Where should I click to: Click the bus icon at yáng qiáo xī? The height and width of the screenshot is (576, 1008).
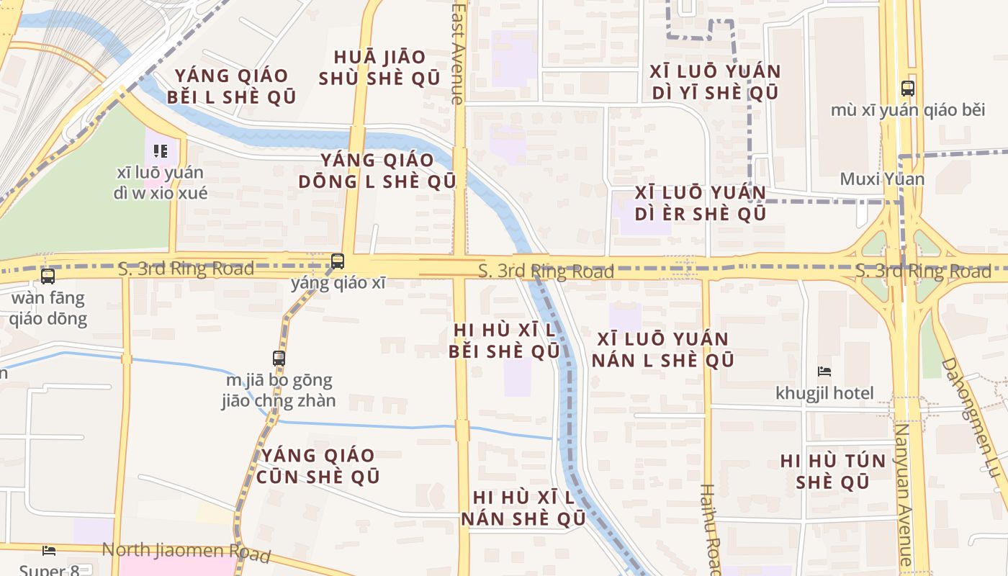337,261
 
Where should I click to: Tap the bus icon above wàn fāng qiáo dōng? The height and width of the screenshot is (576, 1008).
48,276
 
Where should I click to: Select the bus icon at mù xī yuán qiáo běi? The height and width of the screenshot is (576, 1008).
908,89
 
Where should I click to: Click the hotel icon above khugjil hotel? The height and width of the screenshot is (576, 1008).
824,372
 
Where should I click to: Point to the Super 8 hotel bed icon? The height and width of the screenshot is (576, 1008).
49,551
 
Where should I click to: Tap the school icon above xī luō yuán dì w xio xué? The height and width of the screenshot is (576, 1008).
161,151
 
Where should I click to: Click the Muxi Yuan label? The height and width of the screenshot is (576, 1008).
882,179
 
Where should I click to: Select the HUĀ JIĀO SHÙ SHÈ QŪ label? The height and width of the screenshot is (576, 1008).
379,68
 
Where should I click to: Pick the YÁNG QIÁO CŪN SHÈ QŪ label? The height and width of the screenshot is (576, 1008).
318,465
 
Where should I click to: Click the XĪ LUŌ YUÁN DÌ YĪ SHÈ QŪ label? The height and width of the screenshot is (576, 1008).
715,82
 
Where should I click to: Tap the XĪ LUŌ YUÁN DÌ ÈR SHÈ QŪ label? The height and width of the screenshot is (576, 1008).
701,203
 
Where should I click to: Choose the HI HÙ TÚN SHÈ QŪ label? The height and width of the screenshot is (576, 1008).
833,472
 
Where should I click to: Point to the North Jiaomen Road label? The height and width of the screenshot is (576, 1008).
186,552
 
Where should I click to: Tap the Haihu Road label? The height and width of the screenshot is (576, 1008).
709,529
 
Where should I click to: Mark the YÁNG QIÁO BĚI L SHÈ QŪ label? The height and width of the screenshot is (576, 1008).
231,86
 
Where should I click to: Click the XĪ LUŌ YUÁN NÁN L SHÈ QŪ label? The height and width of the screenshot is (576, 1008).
662,349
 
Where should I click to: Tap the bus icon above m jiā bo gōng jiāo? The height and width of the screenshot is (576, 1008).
279,358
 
